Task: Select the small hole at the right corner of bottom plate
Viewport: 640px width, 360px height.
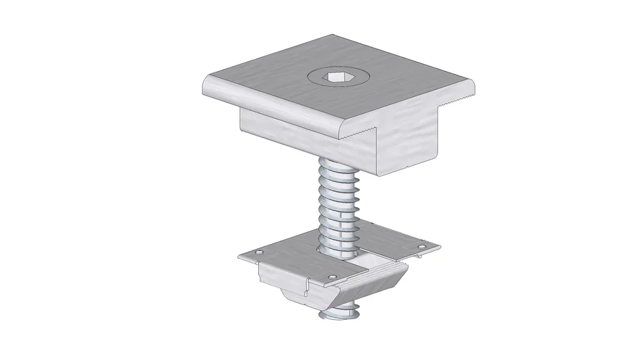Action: [x=422, y=246]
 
